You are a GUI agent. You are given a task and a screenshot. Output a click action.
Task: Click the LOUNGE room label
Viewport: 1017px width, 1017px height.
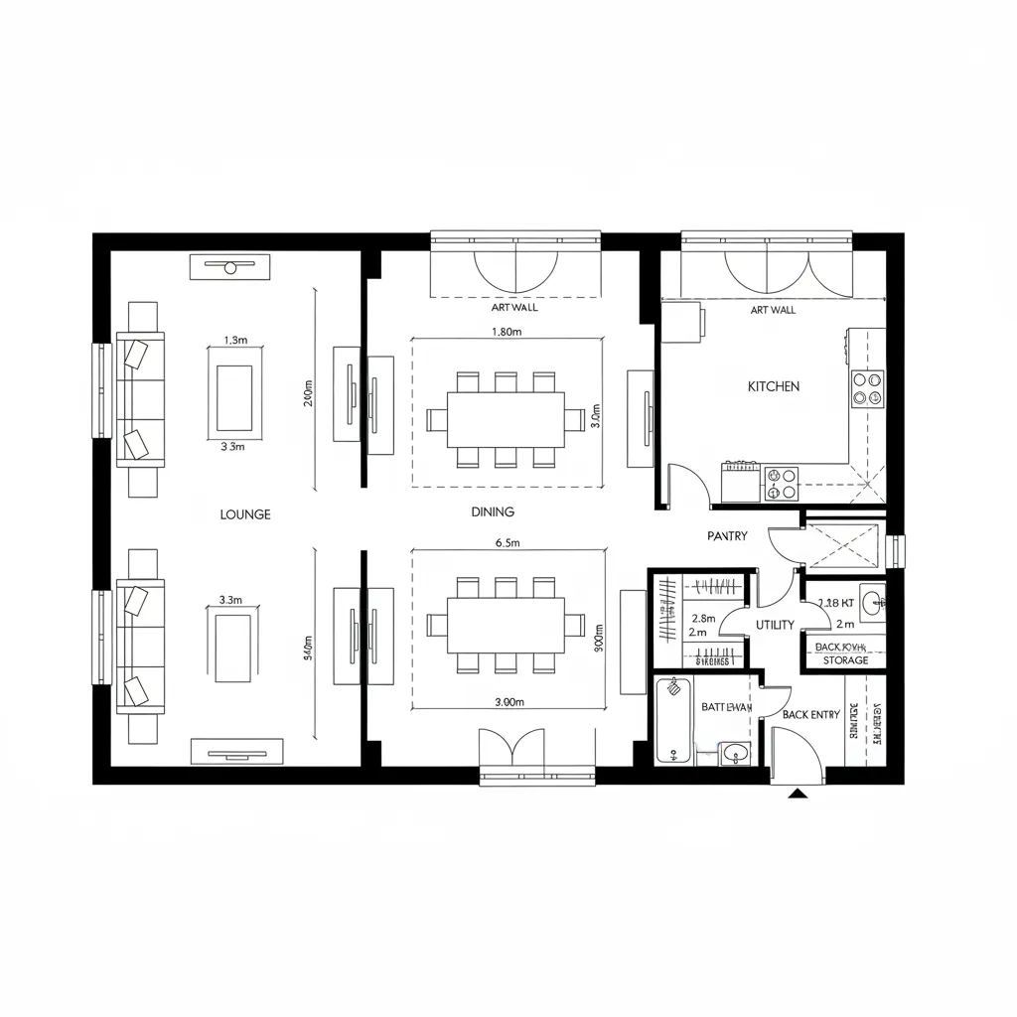244,514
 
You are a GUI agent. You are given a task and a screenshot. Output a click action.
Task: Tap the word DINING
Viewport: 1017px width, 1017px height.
493,512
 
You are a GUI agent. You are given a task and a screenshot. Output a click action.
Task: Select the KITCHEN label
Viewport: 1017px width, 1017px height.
774,386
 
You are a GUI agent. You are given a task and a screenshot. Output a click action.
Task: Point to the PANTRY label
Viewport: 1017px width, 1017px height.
727,536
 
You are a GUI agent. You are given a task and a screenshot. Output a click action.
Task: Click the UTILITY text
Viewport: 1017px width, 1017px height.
775,625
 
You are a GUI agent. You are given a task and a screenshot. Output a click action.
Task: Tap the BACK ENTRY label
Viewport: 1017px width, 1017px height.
810,714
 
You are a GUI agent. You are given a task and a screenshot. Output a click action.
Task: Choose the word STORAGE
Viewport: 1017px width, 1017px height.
845,660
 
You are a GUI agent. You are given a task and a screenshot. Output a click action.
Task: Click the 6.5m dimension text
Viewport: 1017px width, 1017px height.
509,543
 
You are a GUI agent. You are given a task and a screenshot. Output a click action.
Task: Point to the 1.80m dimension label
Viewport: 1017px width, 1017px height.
507,333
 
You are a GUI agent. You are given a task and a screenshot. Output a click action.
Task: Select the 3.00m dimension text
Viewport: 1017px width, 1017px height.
508,701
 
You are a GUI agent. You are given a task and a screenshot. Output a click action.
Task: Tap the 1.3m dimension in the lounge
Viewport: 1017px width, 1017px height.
235,340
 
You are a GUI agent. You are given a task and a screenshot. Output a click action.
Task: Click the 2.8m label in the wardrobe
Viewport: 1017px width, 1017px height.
703,619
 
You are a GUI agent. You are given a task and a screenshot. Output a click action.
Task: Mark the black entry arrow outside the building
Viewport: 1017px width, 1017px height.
797,793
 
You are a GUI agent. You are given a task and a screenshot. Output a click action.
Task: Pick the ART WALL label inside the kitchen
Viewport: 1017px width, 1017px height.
773,310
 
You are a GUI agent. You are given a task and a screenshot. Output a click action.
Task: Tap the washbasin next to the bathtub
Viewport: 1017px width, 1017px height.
736,753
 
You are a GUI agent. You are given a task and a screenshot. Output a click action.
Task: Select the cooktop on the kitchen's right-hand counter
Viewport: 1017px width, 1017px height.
867,387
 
